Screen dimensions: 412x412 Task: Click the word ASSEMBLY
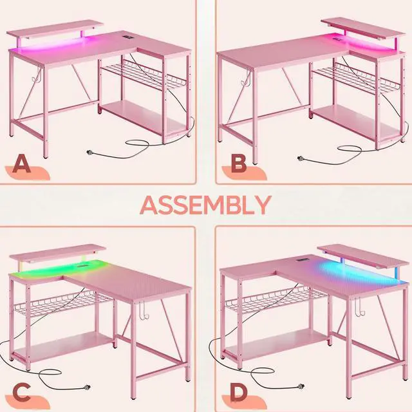(205, 205)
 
